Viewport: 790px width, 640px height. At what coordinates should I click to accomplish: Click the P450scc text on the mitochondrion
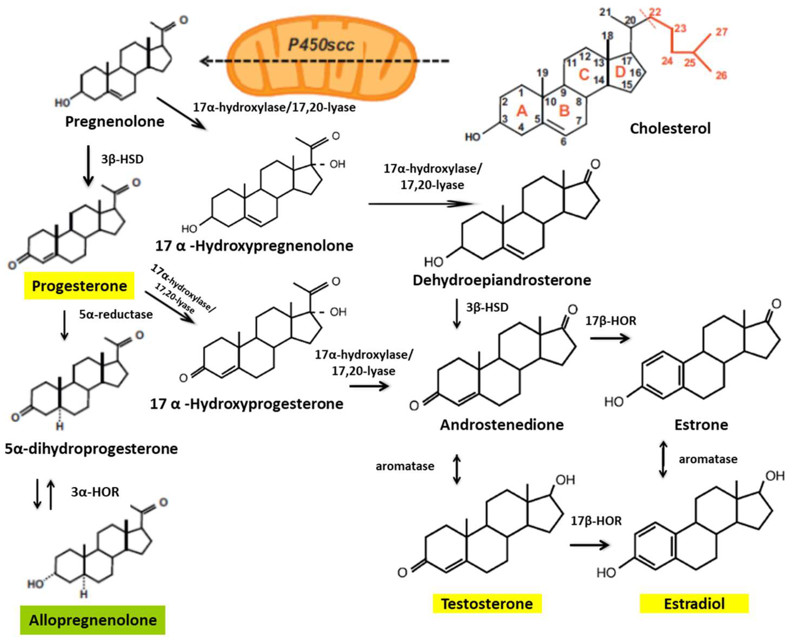(321, 45)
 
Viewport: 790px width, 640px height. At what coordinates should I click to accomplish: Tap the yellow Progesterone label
(79, 286)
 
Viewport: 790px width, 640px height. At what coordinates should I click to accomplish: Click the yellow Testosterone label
(487, 604)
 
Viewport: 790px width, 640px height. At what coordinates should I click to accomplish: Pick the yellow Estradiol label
(694, 604)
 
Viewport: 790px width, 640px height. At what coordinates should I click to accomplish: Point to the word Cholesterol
(670, 128)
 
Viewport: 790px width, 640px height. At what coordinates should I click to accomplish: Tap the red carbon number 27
(721, 32)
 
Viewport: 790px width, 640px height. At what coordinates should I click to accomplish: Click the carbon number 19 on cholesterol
(542, 73)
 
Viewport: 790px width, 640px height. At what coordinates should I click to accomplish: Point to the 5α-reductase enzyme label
(116, 314)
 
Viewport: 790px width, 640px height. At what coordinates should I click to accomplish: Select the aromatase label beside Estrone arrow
(708, 459)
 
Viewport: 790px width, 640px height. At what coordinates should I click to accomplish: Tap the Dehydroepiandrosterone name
(502, 280)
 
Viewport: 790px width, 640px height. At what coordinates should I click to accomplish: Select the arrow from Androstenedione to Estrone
(610, 338)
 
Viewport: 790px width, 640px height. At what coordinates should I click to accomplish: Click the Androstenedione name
(502, 425)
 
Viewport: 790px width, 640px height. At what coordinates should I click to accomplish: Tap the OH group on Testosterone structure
(565, 480)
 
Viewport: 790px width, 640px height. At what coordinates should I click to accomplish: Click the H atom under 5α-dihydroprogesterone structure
(60, 427)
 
